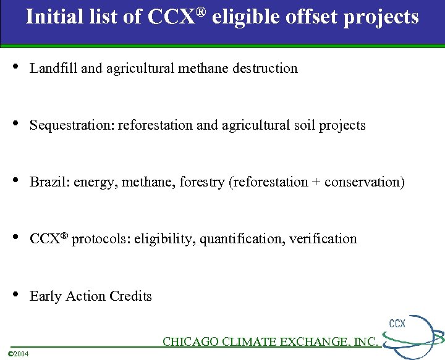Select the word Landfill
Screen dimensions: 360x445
point(54,69)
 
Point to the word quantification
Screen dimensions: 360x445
point(239,239)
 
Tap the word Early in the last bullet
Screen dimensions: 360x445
point(44,296)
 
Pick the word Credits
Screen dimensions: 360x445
point(130,296)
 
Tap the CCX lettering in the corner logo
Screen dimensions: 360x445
point(397,324)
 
